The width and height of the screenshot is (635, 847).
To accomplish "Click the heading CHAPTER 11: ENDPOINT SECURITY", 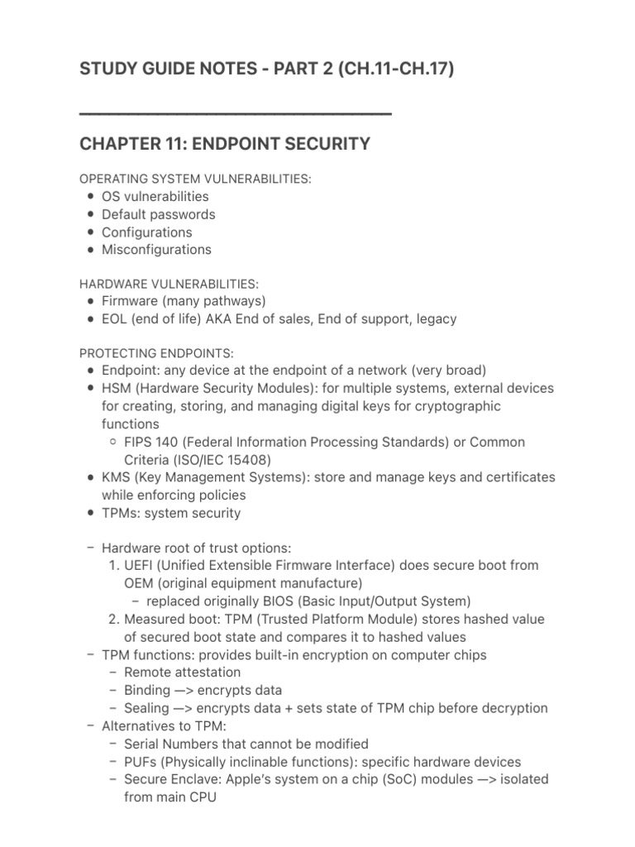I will pyautogui.click(x=224, y=144).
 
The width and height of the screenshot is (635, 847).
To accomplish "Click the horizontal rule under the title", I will pyautogui.click(x=235, y=112).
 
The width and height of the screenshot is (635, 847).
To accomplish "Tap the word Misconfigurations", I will pyautogui.click(x=156, y=250).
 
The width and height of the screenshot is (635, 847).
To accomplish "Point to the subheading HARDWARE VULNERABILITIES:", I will pyautogui.click(x=169, y=284).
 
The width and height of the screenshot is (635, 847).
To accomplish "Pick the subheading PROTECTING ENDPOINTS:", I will pyautogui.click(x=155, y=353).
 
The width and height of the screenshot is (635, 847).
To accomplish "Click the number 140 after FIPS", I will pyautogui.click(x=169, y=442).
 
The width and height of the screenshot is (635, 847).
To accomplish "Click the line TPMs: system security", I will pyautogui.click(x=171, y=513).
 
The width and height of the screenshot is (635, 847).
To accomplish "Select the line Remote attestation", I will pyautogui.click(x=183, y=672).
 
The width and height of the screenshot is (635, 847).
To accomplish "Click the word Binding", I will pyautogui.click(x=147, y=691).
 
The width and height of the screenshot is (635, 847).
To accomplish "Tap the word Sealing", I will pyautogui.click(x=147, y=708).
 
